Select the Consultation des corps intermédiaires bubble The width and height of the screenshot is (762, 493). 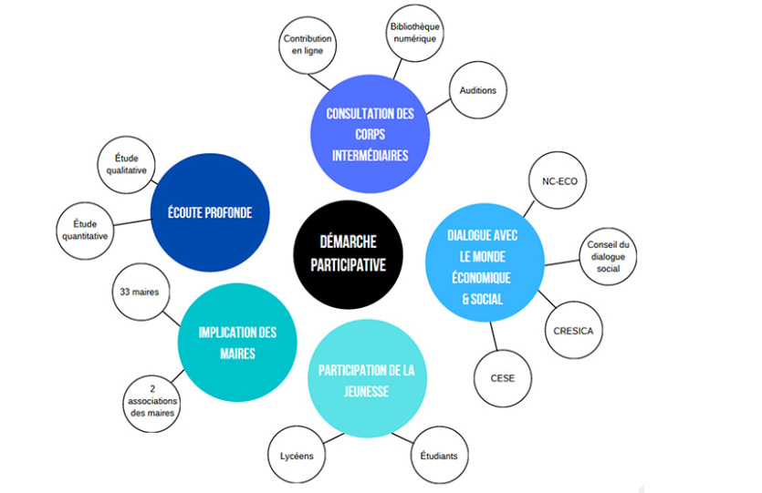click(370, 134)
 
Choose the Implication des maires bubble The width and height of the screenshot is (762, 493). click(236, 342)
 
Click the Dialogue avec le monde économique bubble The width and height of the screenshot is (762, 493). click(485, 266)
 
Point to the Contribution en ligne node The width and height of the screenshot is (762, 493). click(308, 46)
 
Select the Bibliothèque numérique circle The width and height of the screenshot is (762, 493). click(413, 34)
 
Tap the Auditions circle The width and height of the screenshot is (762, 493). click(477, 92)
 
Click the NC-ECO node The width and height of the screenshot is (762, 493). click(559, 181)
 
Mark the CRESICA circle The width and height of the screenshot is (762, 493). click(573, 331)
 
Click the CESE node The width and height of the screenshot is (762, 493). click(503, 376)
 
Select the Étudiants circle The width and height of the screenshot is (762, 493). click(439, 455)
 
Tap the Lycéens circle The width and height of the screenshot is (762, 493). click(296, 455)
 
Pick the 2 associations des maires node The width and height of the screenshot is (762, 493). click(151, 400)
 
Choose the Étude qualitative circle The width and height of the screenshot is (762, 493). click(124, 169)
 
